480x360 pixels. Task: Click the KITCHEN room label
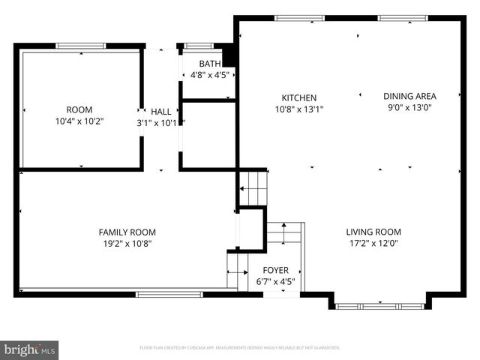tap(298, 97)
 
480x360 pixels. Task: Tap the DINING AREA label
tap(409, 96)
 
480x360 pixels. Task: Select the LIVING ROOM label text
tap(373, 232)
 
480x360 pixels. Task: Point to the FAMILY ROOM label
tap(127, 232)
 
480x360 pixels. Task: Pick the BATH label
tap(209, 64)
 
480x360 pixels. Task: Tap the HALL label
tap(160, 111)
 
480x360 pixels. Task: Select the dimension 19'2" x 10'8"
tap(127, 244)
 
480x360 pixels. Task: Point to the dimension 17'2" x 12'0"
tap(373, 243)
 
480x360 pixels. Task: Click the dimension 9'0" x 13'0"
tap(409, 107)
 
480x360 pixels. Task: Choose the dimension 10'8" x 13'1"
tap(298, 109)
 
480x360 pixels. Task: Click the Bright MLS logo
tap(30, 349)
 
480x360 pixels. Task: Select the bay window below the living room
tap(379, 306)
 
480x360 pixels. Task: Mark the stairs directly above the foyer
tap(285, 233)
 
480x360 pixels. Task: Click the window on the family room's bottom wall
tap(169, 294)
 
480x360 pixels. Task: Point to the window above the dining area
tap(403, 17)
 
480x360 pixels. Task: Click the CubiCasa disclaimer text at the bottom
tap(240, 348)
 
